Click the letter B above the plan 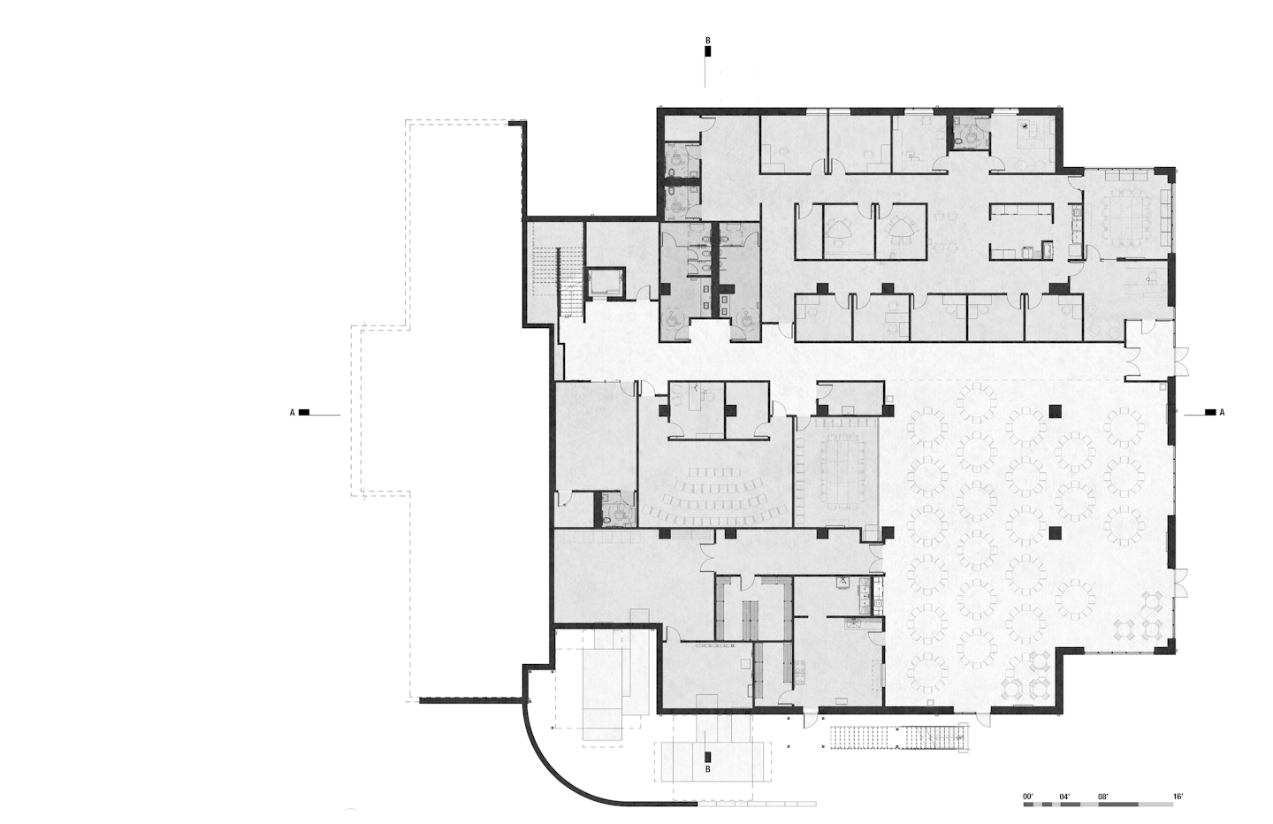707,41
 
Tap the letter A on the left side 292,413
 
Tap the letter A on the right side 1222,412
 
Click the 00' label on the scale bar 1027,797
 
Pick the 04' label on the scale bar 1064,797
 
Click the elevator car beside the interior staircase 606,282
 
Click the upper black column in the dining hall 1056,411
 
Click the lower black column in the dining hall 1056,532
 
